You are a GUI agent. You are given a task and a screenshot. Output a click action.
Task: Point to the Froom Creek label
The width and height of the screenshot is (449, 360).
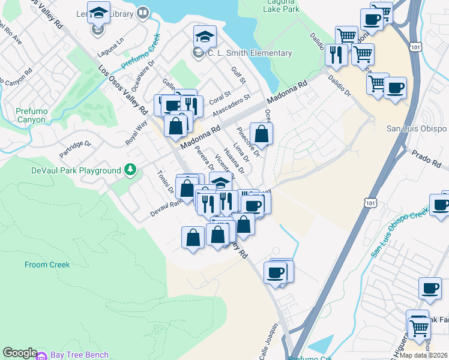47,265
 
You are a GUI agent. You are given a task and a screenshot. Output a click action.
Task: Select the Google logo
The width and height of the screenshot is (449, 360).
20,353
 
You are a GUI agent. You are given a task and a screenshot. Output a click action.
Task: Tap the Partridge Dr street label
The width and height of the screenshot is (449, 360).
75,149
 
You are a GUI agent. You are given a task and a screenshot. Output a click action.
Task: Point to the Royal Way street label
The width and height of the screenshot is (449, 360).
136,133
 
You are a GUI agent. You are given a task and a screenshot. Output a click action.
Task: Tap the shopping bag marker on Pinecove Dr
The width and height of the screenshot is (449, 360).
261,132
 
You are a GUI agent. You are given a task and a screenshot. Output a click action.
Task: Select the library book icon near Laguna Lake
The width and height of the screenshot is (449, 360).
143,12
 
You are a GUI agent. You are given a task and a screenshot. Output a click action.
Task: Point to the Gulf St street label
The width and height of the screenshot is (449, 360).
238,75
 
